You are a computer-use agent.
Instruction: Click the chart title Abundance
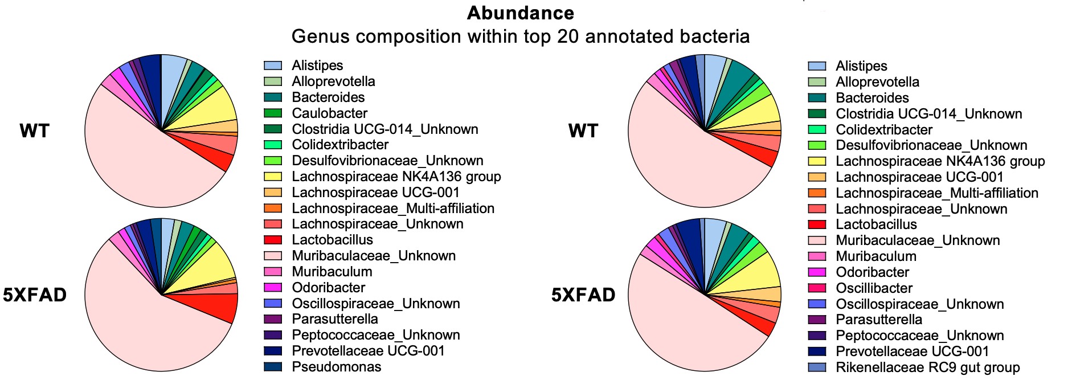pos(520,13)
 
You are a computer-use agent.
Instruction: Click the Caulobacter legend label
pos(329,113)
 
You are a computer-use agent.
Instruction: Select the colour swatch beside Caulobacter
pos(273,113)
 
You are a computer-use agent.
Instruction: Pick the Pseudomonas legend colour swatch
pos(273,366)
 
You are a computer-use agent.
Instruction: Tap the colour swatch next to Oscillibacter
pos(817,288)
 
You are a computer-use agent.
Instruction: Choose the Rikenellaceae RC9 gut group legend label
pos(927,367)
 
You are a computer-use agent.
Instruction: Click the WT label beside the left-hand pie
pos(35,131)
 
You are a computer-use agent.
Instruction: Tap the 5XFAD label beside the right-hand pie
pos(583,295)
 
